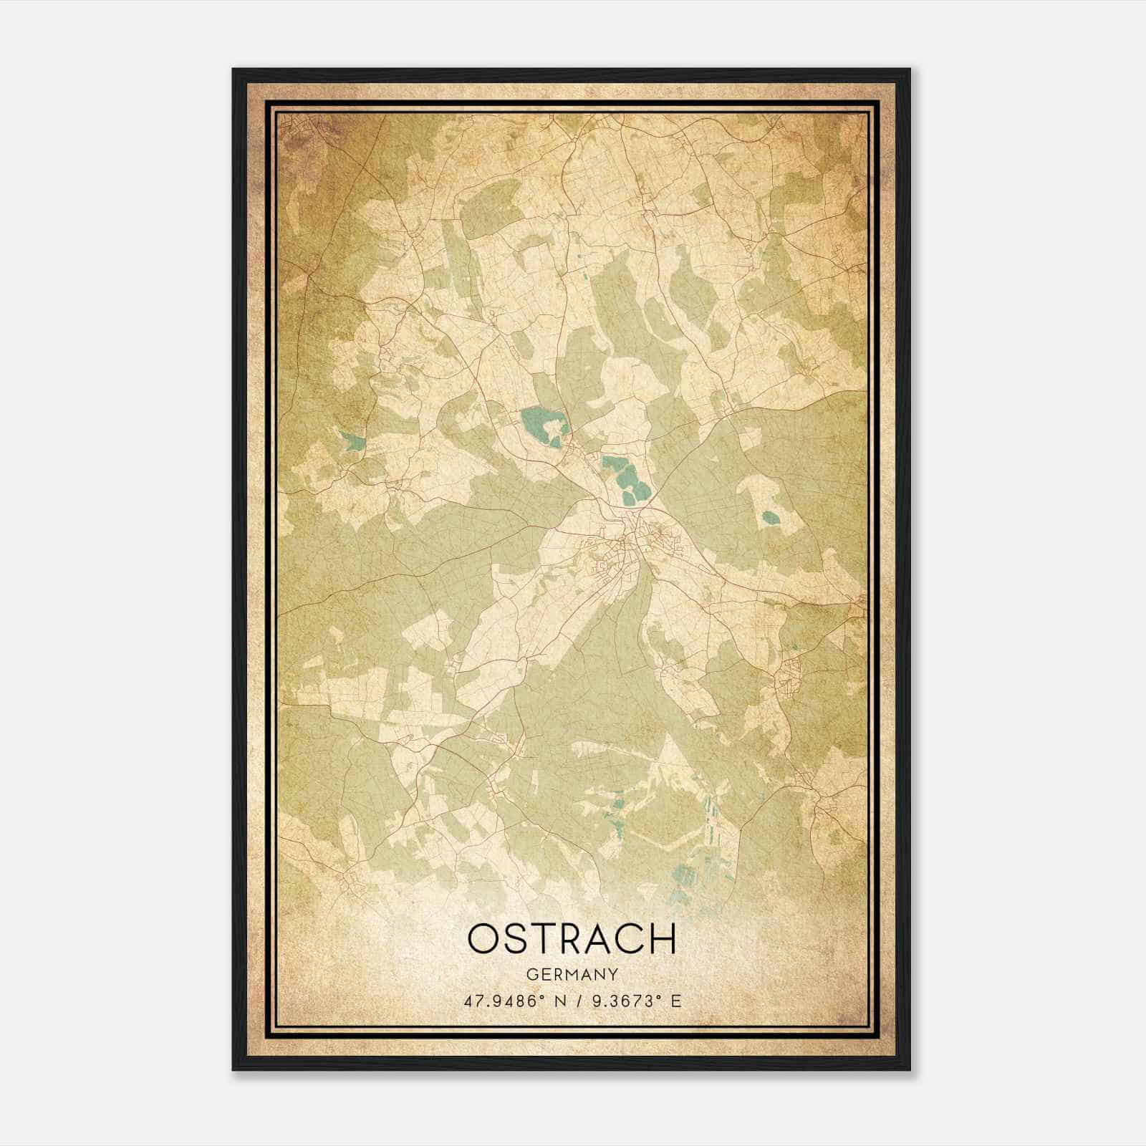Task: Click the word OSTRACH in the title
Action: pyautogui.click(x=572, y=939)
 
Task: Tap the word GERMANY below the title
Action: pyautogui.click(x=572, y=975)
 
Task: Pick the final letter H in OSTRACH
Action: pyautogui.click(x=663, y=939)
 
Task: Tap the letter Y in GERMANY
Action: pyautogui.click(x=612, y=975)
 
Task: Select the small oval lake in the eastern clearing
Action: pyautogui.click(x=771, y=516)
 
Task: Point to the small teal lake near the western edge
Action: pyautogui.click(x=351, y=442)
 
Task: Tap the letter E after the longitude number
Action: pyautogui.click(x=675, y=1001)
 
